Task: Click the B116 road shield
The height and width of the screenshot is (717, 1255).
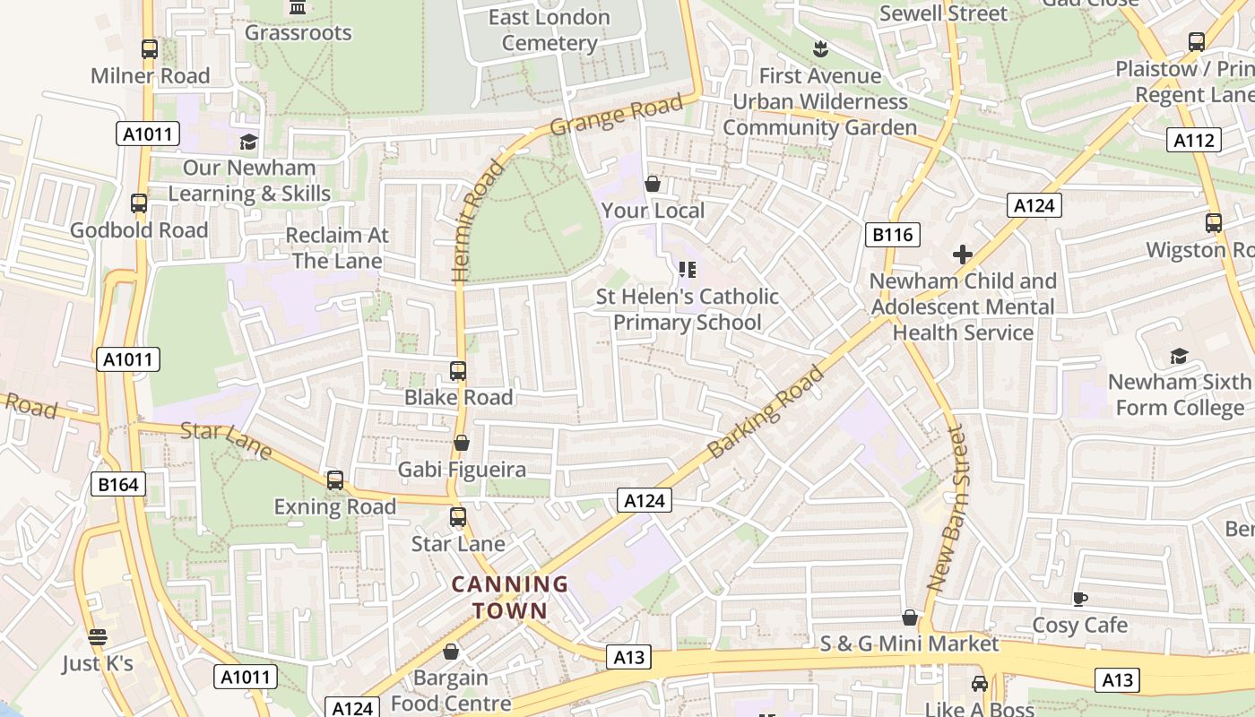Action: pos(893,235)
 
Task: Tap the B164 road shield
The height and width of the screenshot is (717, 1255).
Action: pos(117,485)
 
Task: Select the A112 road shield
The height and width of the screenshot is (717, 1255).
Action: pos(1194,140)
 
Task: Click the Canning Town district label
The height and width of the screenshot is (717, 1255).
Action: pos(510,598)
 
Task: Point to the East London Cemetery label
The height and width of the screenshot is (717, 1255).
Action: pos(550,30)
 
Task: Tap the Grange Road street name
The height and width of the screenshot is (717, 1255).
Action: pos(616,116)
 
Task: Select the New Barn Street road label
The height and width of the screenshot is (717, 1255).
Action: pos(948,508)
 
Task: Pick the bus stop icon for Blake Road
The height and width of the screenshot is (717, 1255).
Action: pos(458,370)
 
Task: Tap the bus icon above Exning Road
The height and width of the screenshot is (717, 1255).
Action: pos(335,480)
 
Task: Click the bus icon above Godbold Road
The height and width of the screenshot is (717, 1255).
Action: pos(139,203)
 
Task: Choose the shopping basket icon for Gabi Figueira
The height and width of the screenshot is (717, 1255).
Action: pos(462,443)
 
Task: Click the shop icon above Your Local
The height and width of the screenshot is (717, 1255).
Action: pos(653,184)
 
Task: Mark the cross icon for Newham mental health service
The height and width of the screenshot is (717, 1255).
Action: pos(963,255)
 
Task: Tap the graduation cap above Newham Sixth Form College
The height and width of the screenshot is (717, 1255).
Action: pos(1178,356)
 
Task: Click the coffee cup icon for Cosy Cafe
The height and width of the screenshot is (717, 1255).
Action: pos(1080,599)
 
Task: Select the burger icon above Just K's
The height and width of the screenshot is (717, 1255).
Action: pos(98,637)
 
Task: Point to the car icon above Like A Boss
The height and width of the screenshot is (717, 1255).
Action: pos(979,684)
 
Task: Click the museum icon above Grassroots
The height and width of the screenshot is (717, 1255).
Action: pos(298,8)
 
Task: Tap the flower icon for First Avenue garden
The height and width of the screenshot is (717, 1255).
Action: pos(819,48)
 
